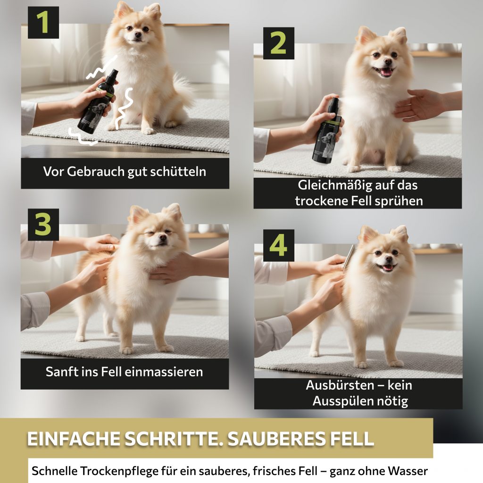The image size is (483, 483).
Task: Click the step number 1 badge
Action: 43,23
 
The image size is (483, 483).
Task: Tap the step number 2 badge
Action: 278,43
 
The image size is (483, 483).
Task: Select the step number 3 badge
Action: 43,225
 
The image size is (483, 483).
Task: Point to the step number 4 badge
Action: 278,245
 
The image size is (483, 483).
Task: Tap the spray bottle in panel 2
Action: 327,131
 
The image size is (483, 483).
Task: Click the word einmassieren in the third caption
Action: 164,372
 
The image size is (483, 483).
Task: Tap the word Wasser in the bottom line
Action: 408,471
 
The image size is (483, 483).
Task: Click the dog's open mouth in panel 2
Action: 383,72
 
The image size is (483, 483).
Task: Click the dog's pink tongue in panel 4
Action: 387,267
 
